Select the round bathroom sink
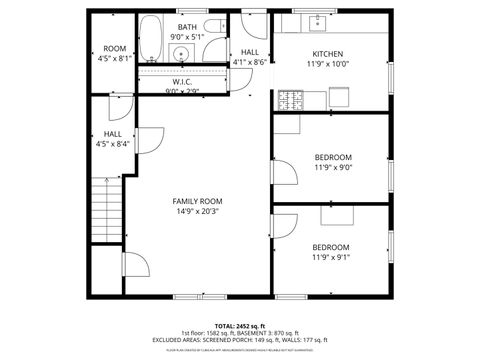(x=182, y=55)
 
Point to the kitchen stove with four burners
(x=291, y=98)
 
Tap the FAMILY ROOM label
(x=197, y=201)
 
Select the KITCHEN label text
(x=327, y=53)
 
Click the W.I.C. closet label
(x=182, y=82)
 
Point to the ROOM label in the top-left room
(x=114, y=48)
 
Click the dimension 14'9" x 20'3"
(x=197, y=211)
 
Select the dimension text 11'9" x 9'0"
(x=332, y=167)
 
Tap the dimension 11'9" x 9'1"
(x=331, y=257)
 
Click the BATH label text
(x=187, y=27)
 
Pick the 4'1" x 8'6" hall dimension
(x=249, y=62)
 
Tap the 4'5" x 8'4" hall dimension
(x=113, y=143)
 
